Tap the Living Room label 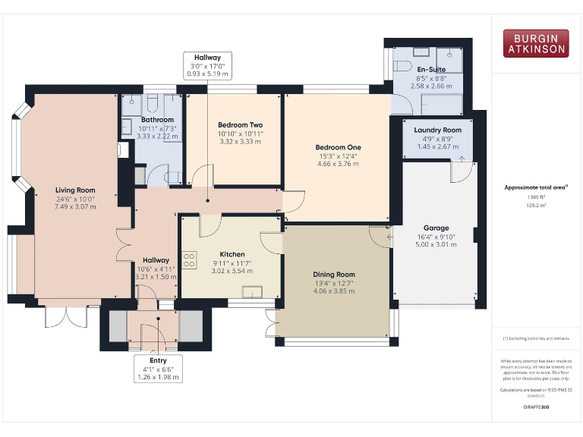click(x=74, y=190)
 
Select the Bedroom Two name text click(x=240, y=124)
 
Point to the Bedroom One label click(x=339, y=147)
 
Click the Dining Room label click(x=334, y=275)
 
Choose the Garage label click(x=436, y=228)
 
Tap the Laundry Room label click(x=437, y=130)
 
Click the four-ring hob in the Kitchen click(x=189, y=259)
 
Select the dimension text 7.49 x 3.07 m click(x=74, y=207)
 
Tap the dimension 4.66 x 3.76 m click(x=339, y=164)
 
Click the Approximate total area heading click(x=536, y=187)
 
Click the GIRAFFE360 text click(x=536, y=407)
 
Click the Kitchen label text click(x=232, y=254)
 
